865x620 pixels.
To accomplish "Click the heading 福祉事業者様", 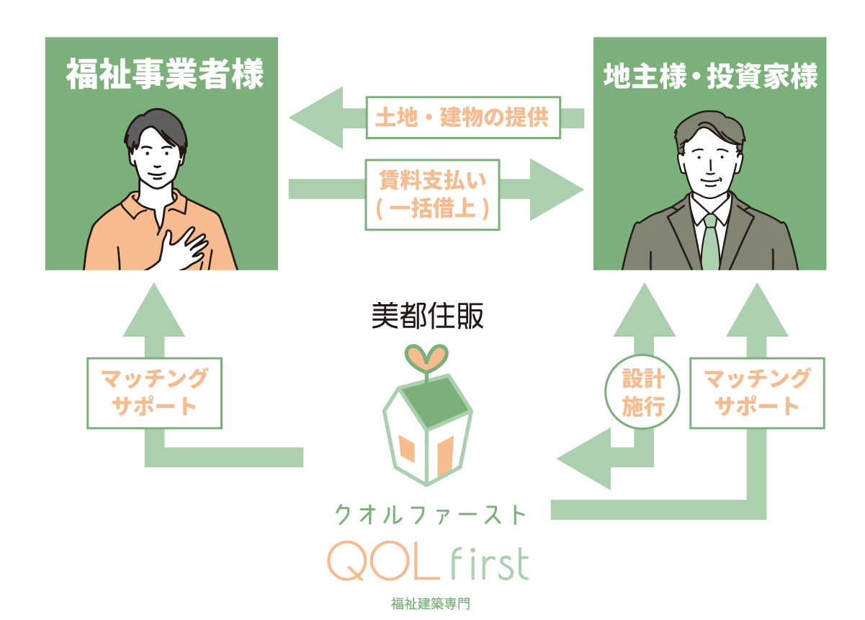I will pos(165,75).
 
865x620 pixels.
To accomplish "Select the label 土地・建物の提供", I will pos(462,118).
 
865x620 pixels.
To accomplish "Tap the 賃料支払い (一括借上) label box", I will pos(432,195).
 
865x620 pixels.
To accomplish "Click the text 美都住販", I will pos(428,316).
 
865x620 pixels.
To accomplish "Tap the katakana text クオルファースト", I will pos(431,515).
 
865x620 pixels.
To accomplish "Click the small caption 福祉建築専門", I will pos(430,603).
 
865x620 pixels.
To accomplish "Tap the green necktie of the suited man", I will pos(710,242).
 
